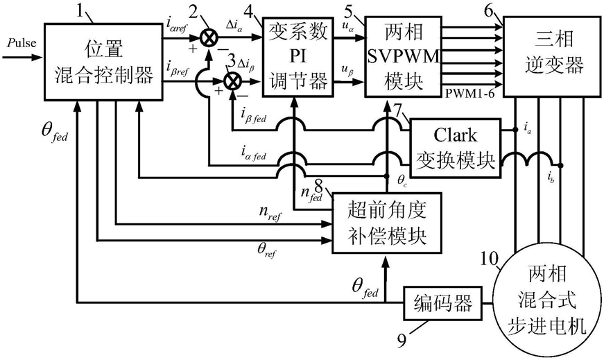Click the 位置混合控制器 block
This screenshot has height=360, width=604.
coord(103,62)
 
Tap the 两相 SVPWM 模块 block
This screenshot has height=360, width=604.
coord(404,56)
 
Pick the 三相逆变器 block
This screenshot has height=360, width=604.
coord(553,56)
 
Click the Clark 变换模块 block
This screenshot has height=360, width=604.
coord(456,148)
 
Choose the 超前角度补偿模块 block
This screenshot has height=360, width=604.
coord(387,223)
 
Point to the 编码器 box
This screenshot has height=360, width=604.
coord(443,303)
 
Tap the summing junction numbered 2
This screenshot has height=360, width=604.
coord(209,38)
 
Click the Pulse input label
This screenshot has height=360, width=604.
coord(21,43)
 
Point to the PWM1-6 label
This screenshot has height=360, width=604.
coord(469,94)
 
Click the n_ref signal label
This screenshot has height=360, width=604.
coord(270,213)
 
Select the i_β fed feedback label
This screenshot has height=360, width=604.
coord(254,115)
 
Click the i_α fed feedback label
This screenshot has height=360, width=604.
coord(254,153)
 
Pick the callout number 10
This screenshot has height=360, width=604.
coord(490,259)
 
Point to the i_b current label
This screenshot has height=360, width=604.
coord(551,178)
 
